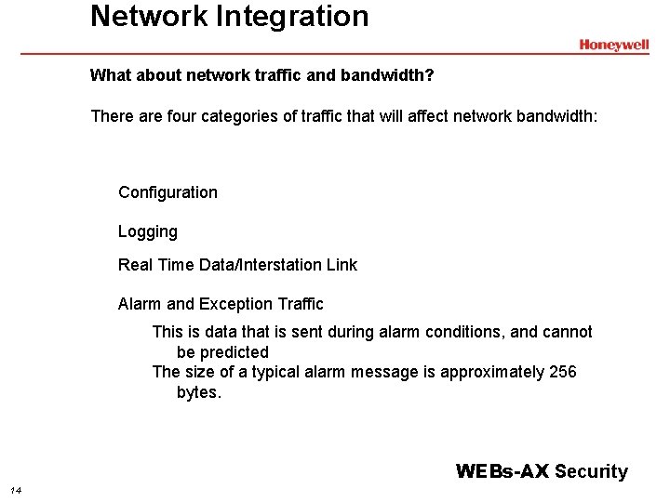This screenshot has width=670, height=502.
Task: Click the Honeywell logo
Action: [613, 45]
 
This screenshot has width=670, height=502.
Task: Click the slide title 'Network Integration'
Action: [229, 16]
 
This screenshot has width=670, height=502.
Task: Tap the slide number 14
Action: [16, 490]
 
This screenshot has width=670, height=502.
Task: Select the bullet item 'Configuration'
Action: [167, 192]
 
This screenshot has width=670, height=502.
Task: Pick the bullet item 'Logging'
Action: [147, 231]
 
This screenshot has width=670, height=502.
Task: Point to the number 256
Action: [562, 372]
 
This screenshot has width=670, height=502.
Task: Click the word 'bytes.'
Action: [199, 392]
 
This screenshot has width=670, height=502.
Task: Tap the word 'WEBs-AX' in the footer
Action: [502, 471]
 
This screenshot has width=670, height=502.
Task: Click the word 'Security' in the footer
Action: [591, 471]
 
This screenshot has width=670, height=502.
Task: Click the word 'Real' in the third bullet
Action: [135, 265]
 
